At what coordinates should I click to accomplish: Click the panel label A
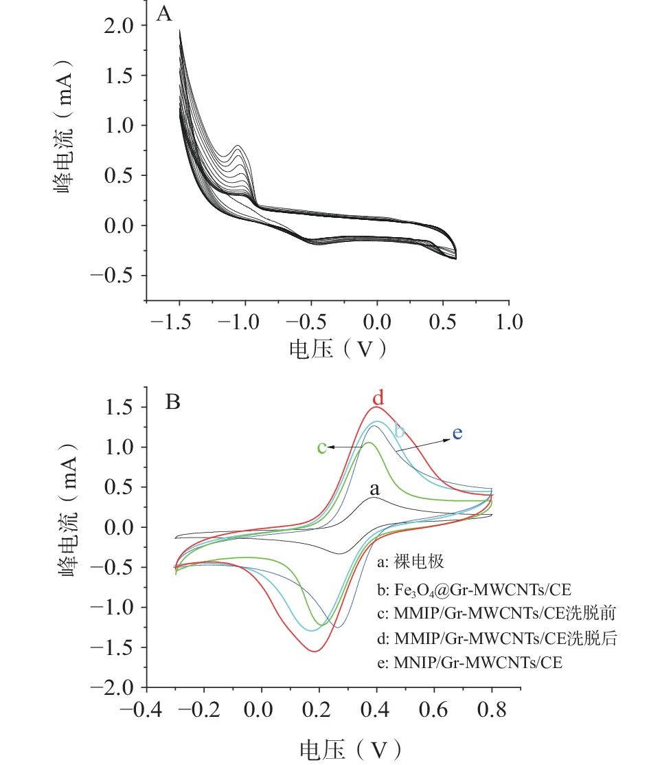(163, 13)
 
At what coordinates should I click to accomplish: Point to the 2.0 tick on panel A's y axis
(124, 25)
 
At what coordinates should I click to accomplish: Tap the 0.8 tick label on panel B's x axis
(491, 709)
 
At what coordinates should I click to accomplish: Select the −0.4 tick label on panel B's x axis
(139, 709)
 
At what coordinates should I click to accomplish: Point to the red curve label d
(377, 398)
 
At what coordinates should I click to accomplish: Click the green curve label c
(321, 447)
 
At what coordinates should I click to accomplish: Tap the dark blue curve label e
(457, 433)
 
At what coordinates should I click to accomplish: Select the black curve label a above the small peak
(374, 489)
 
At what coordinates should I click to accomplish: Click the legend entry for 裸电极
(412, 562)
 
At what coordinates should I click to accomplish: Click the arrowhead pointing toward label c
(330, 447)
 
